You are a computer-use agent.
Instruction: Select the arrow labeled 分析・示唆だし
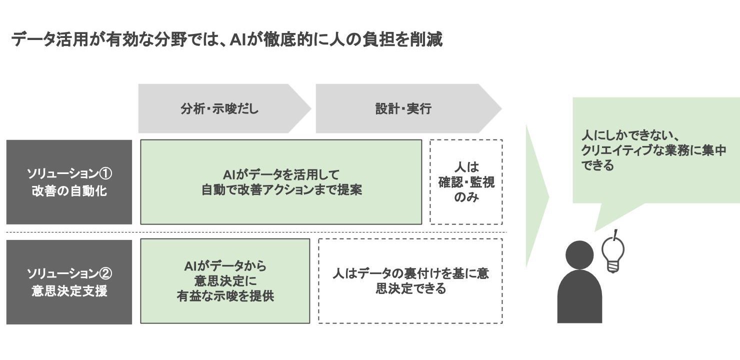pyautogui.click(x=220, y=108)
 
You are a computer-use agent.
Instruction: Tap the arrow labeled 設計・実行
pyautogui.click(x=403, y=108)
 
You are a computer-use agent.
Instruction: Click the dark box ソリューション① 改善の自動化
pyautogui.click(x=69, y=182)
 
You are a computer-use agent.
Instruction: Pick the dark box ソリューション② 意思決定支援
pyautogui.click(x=69, y=282)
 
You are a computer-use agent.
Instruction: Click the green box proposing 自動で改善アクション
pyautogui.click(x=281, y=182)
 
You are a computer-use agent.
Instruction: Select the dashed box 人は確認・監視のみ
pyautogui.click(x=466, y=182)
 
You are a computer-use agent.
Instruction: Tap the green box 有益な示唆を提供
pyautogui.click(x=225, y=281)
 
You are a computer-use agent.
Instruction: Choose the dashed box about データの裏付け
pyautogui.click(x=410, y=281)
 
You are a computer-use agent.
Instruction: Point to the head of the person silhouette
pyautogui.click(x=579, y=255)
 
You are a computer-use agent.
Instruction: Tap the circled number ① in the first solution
pyautogui.click(x=105, y=174)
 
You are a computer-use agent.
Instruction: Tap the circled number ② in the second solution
pyautogui.click(x=105, y=274)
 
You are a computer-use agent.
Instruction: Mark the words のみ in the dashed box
pyautogui.click(x=466, y=197)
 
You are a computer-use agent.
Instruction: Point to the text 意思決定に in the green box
pyautogui.click(x=225, y=281)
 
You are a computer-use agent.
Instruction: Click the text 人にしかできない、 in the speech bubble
pyautogui.click(x=629, y=135)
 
